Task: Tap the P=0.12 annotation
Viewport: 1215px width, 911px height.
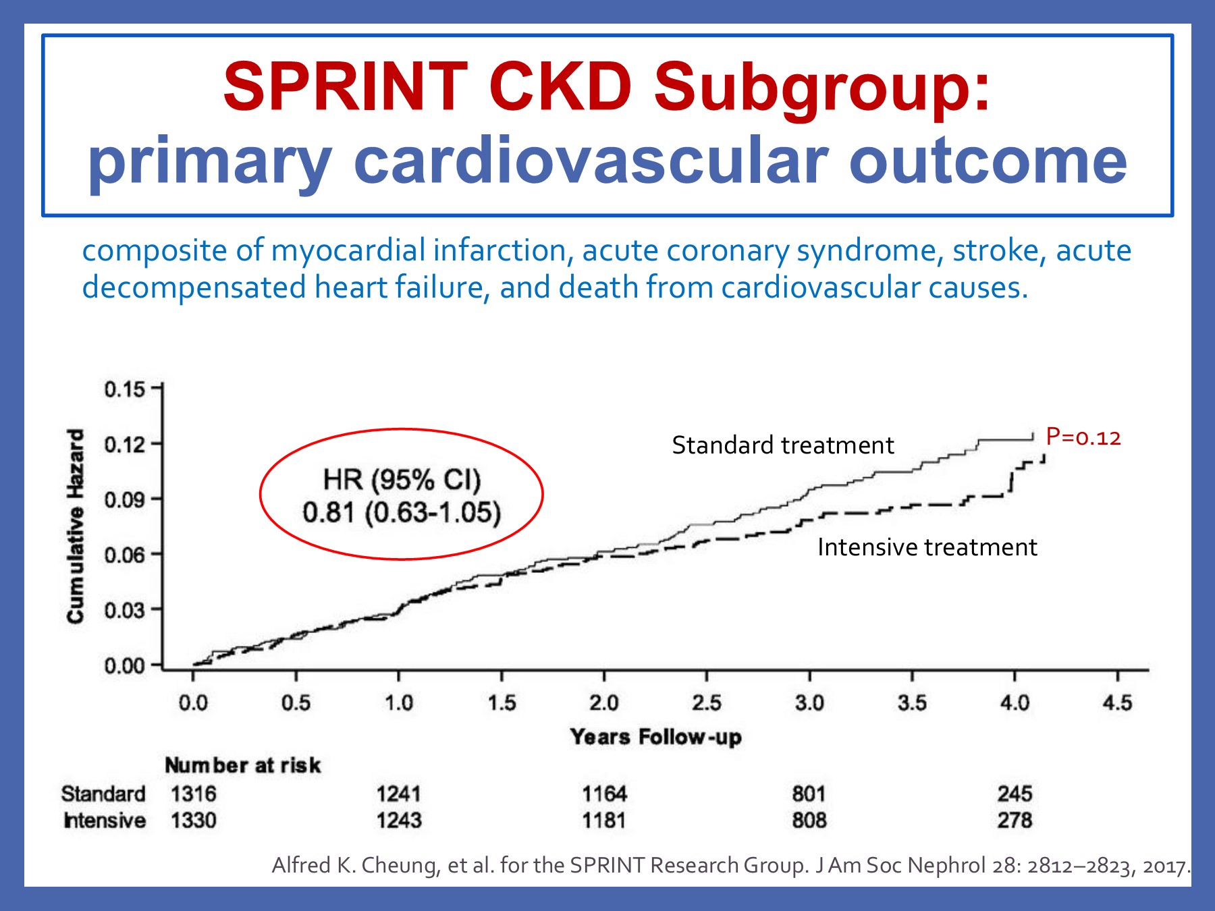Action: point(1083,437)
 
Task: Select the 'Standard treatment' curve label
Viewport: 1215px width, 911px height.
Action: point(782,445)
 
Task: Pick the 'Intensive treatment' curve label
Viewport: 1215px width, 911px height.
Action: point(926,547)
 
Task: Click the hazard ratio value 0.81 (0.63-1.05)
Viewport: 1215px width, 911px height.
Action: point(402,513)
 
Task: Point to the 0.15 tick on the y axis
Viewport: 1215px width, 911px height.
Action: point(125,389)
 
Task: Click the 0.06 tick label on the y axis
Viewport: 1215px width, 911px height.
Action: point(125,555)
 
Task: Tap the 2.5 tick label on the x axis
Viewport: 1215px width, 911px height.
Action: point(706,703)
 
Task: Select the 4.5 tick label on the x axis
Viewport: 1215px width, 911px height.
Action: point(1117,703)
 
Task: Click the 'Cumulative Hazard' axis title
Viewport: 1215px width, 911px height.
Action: point(76,526)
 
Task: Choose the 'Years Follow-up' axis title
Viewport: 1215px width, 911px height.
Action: point(655,736)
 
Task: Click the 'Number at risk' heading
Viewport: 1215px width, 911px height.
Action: point(242,765)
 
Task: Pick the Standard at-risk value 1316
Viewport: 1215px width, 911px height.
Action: point(193,794)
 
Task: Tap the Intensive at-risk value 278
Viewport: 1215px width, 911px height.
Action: point(1015,821)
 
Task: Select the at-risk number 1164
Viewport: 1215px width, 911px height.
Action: point(604,794)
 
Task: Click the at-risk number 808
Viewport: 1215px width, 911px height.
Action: point(809,821)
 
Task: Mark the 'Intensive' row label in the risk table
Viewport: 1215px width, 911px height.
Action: point(105,821)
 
